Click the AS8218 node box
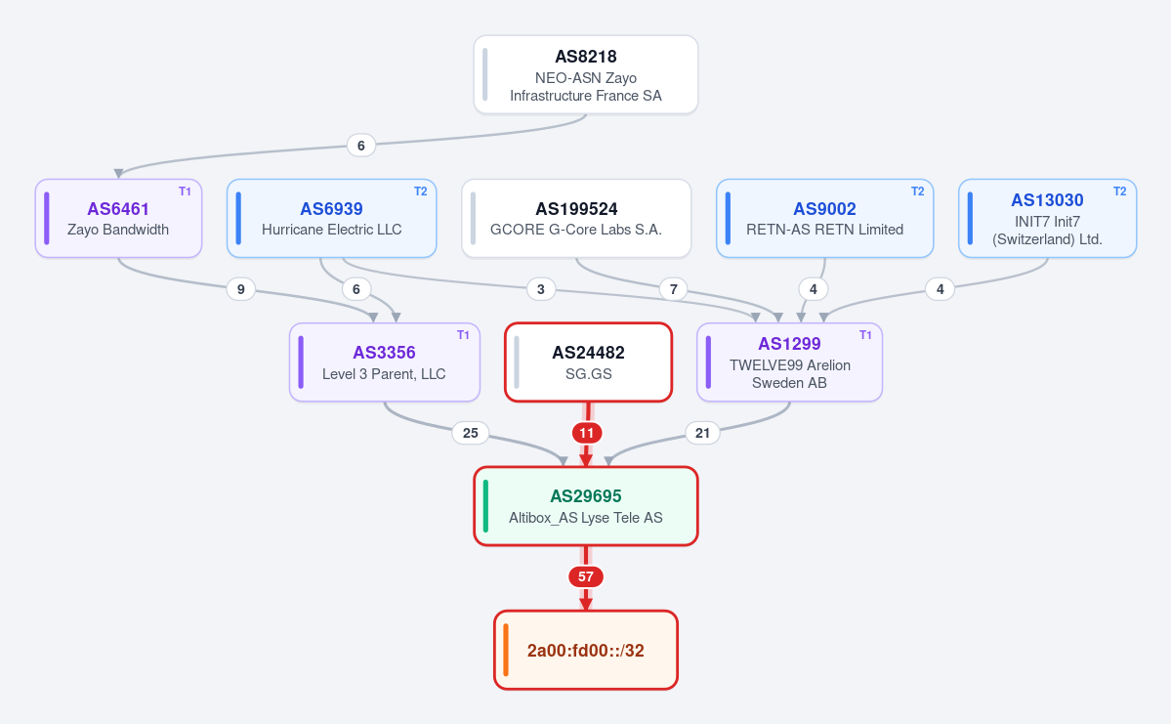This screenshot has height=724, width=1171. pos(586,74)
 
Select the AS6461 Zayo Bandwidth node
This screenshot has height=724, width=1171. pos(118,218)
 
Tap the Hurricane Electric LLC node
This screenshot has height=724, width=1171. pos(332,218)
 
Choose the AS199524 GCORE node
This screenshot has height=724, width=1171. pos(576,218)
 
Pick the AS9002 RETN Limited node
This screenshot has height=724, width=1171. pos(824,218)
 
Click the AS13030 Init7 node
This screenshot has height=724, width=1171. pos(1047,218)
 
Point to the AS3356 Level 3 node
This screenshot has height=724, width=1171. pos(385,362)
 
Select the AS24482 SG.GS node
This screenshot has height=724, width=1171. pos(589,362)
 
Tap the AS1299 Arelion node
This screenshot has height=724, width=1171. pos(789,362)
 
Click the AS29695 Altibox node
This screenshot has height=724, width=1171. pos(586,506)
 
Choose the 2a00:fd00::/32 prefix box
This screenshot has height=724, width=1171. pos(586,650)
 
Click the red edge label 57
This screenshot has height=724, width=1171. pos(586,576)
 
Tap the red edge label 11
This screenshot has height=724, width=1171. pos(586,433)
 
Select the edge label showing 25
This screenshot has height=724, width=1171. pos(471,433)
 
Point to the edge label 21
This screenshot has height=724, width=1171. pos(703,433)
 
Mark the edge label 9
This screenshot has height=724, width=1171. pos(240,289)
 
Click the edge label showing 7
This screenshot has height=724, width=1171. pos(674,289)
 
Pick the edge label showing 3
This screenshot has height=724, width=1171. pos(541,289)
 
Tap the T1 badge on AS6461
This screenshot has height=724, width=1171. pos(185,192)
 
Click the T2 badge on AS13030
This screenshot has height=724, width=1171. pos(1119,192)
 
